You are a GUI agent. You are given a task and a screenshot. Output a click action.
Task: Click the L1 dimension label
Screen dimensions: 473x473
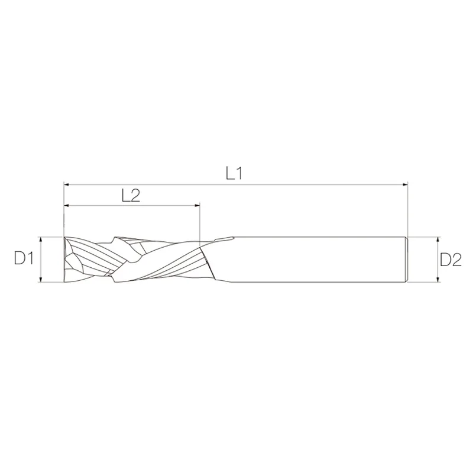(x=234, y=173)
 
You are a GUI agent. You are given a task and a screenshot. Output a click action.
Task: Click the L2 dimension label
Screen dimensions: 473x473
(x=131, y=196)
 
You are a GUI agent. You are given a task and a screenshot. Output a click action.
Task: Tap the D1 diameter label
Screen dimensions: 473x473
(x=24, y=258)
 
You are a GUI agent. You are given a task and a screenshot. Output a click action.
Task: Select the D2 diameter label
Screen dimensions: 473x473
(x=451, y=260)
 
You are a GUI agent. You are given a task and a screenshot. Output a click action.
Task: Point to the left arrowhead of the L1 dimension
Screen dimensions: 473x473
(x=67, y=184)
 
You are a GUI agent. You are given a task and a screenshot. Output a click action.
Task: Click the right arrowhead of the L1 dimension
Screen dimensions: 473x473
(x=404, y=184)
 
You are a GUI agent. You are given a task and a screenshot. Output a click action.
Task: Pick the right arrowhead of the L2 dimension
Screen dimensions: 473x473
(x=197, y=205)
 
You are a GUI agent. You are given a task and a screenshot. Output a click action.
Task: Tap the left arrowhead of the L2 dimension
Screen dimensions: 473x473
(x=67, y=205)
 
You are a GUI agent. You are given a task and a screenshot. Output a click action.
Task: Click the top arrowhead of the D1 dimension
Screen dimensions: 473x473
(x=40, y=240)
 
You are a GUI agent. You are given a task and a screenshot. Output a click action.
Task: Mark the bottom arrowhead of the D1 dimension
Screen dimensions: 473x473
(x=40, y=279)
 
